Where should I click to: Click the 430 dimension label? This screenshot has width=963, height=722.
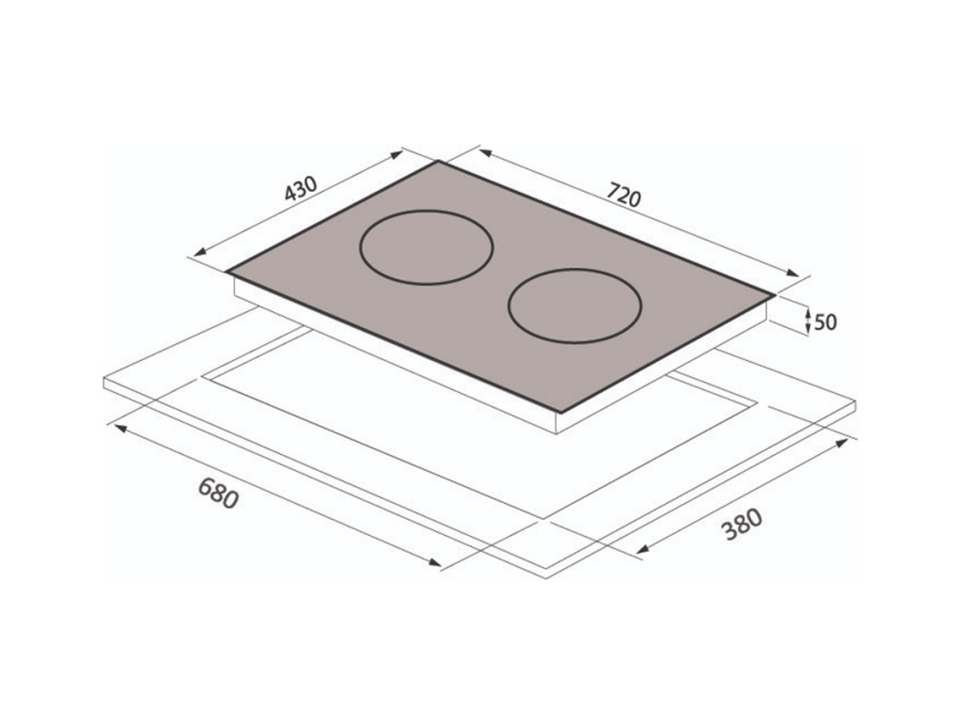click(301, 189)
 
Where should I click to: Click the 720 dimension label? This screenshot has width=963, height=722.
click(624, 195)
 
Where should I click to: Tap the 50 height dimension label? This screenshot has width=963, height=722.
click(825, 322)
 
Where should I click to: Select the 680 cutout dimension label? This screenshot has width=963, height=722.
click(217, 493)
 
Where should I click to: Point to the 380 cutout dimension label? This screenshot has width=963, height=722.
click(742, 525)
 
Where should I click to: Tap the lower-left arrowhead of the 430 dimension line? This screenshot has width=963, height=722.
click(201, 252)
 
